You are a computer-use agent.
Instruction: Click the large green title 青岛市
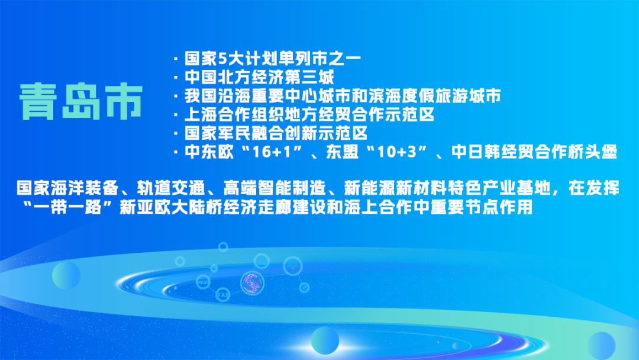(81, 100)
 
